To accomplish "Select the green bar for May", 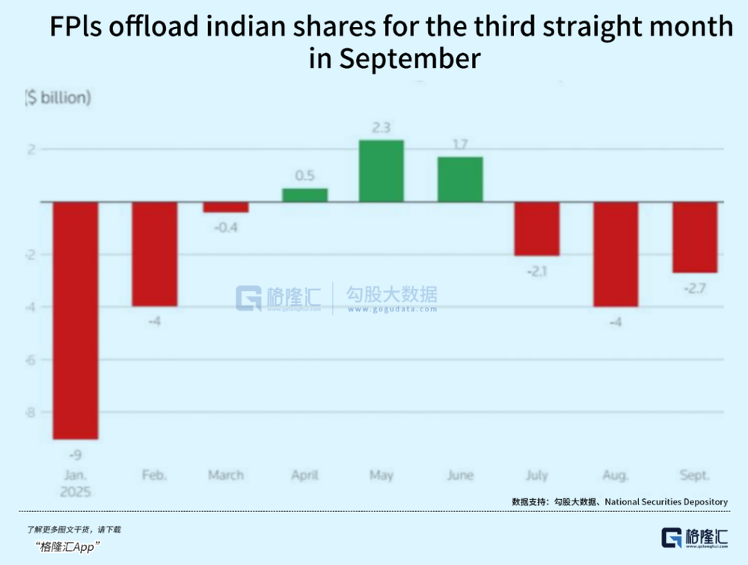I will click(x=381, y=171).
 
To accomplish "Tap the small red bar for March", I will click(x=226, y=207).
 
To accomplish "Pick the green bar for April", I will click(x=304, y=195).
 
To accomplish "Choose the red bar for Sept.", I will click(x=695, y=237).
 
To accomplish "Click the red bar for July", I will click(x=537, y=229).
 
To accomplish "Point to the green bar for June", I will click(x=460, y=180).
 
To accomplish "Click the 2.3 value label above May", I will click(x=381, y=127).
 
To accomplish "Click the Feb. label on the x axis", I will click(x=154, y=475).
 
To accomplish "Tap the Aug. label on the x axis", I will click(x=616, y=475).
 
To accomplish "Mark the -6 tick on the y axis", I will click(x=31, y=360).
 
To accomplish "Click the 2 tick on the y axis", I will click(x=31, y=150).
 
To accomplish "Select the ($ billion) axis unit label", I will click(x=58, y=98).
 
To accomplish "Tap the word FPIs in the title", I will click(x=81, y=27).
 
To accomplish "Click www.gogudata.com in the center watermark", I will click(x=391, y=309).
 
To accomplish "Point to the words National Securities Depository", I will click(x=666, y=501).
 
